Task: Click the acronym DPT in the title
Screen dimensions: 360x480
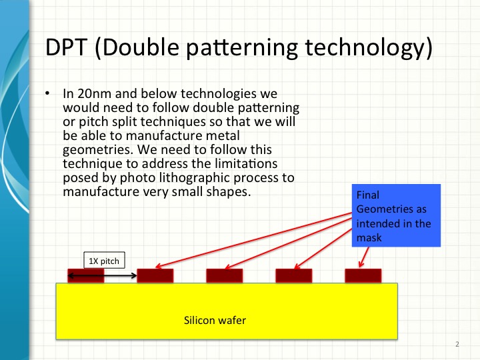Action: click(65, 48)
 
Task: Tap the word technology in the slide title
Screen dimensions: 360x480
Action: click(371, 48)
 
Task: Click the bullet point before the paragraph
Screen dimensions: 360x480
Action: click(47, 93)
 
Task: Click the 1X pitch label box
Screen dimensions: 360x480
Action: click(103, 261)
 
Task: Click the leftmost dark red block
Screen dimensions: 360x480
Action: click(85, 275)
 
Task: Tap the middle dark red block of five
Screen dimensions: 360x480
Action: click(224, 275)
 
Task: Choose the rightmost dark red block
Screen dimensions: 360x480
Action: click(363, 275)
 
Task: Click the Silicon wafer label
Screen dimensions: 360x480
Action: click(215, 321)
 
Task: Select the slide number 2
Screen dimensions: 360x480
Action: click(457, 345)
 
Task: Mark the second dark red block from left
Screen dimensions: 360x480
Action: click(155, 275)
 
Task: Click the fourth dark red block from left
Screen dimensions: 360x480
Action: click(293, 275)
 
